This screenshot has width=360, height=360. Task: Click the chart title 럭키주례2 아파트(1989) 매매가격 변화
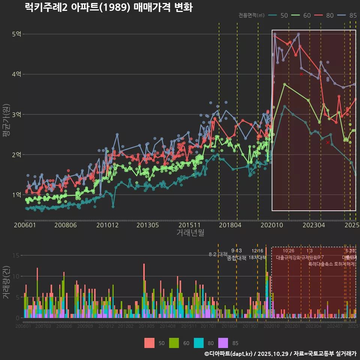pyautogui.click(x=108, y=7)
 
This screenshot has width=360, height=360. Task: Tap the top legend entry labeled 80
pyautogui.click(x=324, y=15)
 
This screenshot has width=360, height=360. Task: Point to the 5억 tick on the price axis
pyautogui.click(x=17, y=34)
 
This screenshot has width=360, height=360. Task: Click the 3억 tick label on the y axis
pyautogui.click(x=17, y=114)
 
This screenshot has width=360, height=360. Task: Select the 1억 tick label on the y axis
pyautogui.click(x=17, y=195)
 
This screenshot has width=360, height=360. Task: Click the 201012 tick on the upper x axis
pyautogui.click(x=107, y=225)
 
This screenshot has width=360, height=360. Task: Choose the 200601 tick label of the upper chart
pyautogui.click(x=25, y=225)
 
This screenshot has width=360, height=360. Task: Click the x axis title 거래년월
pyautogui.click(x=190, y=233)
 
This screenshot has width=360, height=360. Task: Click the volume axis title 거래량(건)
pyautogui.click(x=6, y=282)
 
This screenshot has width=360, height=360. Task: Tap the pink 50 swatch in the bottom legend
pyautogui.click(x=149, y=343)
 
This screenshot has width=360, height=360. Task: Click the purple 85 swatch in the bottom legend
pyautogui.click(x=223, y=343)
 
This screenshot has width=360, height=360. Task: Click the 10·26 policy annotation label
pyautogui.click(x=288, y=251)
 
